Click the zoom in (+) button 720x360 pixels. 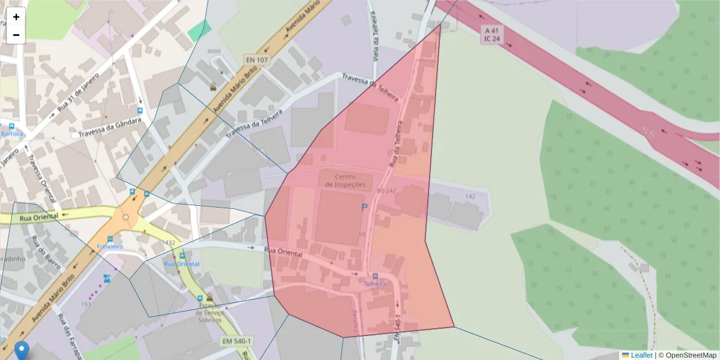pos(16,17)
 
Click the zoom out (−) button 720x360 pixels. pos(16,35)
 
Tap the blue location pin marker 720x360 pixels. pos(22,350)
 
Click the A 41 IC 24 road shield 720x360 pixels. pos(491,35)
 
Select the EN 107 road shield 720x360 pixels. pos(257,60)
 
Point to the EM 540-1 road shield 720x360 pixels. pos(236,341)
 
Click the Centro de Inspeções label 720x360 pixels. pos(345,181)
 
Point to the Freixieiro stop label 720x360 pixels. pos(110,247)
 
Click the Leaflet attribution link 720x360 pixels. pos(641,355)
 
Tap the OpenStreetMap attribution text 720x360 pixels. pos(687,355)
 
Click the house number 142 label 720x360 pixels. pos(470,197)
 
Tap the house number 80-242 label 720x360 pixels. pos(387,191)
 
